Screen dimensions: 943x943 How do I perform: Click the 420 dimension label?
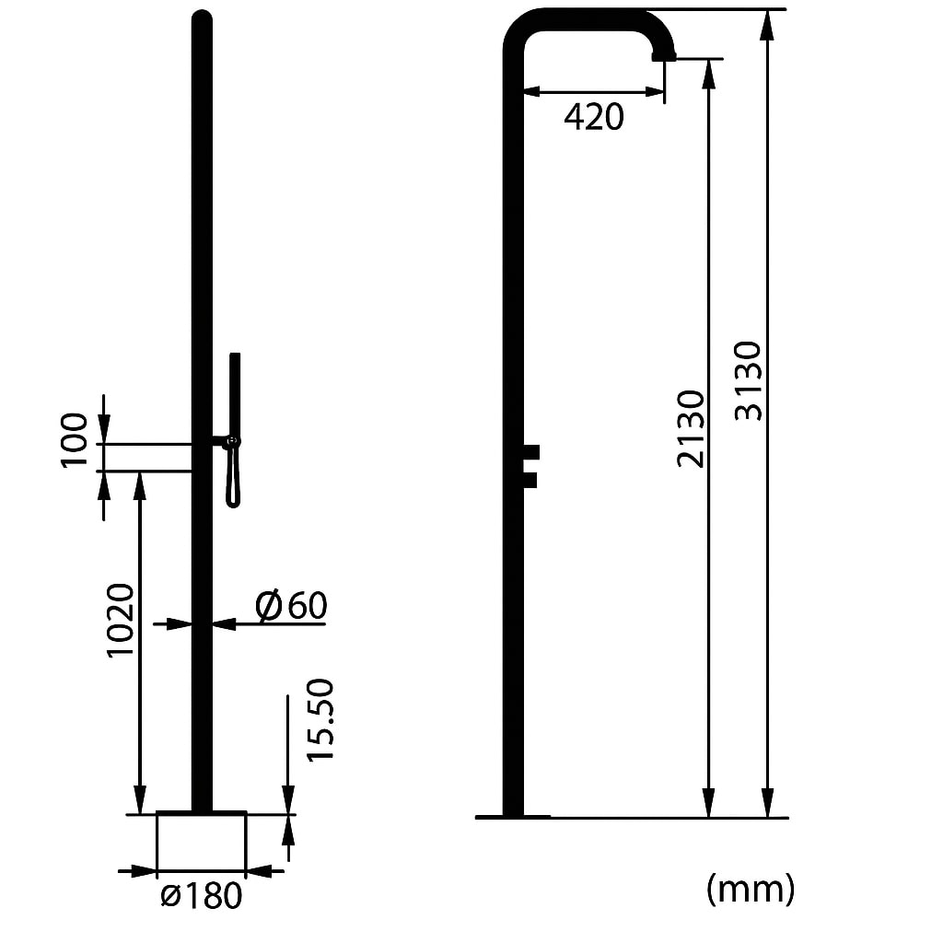pyautogui.click(x=594, y=117)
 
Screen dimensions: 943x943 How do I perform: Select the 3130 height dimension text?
pyautogui.click(x=750, y=380)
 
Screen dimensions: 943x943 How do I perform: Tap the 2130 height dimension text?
pyautogui.click(x=691, y=428)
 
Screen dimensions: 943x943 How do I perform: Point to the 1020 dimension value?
pyautogui.click(x=121, y=620)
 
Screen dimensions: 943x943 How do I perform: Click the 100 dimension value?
pyautogui.click(x=76, y=440)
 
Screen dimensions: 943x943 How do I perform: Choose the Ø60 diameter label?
pyautogui.click(x=291, y=606)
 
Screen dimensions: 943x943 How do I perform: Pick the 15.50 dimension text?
pyautogui.click(x=320, y=719)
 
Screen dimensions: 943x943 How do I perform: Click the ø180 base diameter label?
pyautogui.click(x=201, y=895)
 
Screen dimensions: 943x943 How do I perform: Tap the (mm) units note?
pyautogui.click(x=751, y=889)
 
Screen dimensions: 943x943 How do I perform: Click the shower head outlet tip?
pyautogui.click(x=663, y=56)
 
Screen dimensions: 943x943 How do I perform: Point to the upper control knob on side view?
pyautogui.click(x=530, y=451)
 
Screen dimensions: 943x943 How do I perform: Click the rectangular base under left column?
pyautogui.click(x=201, y=841)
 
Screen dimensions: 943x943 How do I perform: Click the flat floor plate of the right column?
pyautogui.click(x=513, y=816)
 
